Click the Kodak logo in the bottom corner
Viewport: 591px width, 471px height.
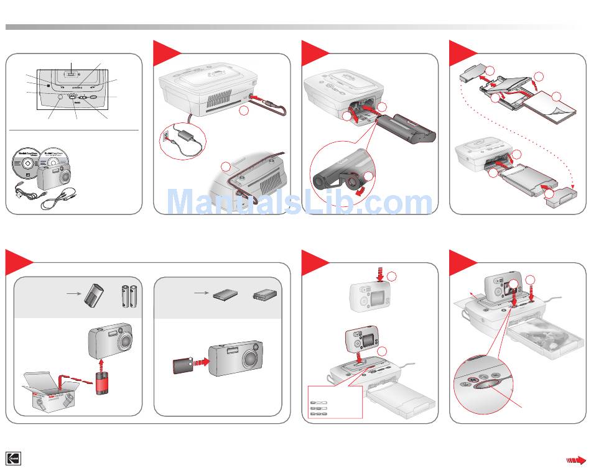(14, 459)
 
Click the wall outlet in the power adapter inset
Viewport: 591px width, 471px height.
(165, 135)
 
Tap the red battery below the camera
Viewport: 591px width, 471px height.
(101, 382)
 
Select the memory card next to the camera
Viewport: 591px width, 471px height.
(183, 367)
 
